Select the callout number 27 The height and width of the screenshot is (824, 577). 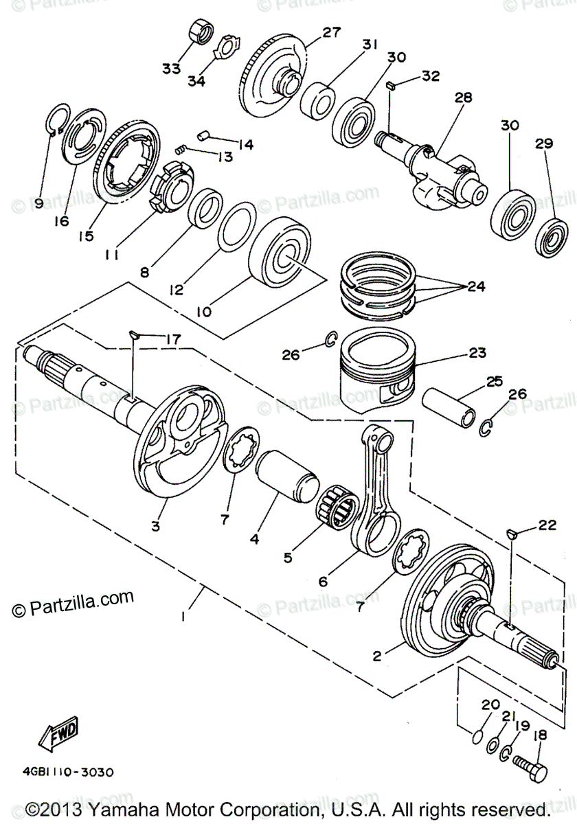pyautogui.click(x=332, y=32)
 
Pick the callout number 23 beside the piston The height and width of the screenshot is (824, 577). pyautogui.click(x=477, y=353)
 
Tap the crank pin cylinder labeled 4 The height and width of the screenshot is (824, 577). pyautogui.click(x=286, y=477)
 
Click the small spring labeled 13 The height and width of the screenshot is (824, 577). pyautogui.click(x=180, y=150)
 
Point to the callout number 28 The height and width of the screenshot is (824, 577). pyautogui.click(x=463, y=98)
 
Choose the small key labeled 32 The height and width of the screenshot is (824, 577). pyautogui.click(x=390, y=86)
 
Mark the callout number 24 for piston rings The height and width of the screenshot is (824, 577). pyautogui.click(x=476, y=286)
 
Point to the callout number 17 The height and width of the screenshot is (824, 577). pyautogui.click(x=172, y=339)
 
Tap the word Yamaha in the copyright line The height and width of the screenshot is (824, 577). pyautogui.click(x=123, y=811)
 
